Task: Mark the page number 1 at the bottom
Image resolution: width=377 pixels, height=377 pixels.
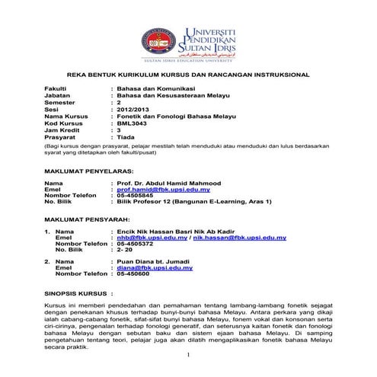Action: pos(188,355)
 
